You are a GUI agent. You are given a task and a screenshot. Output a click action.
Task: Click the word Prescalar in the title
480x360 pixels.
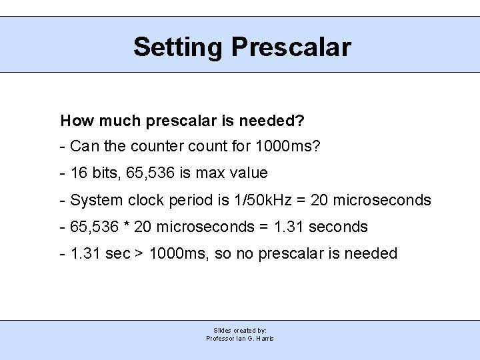pos(291,47)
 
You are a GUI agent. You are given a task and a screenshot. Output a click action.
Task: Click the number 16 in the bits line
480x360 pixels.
pos(78,173)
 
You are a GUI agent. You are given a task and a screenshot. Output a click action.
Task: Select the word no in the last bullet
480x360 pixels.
pos(245,254)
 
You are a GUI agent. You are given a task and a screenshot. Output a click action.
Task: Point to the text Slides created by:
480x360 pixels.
pos(240,330)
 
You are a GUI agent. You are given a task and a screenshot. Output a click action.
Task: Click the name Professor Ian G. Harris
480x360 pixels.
pos(240,338)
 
